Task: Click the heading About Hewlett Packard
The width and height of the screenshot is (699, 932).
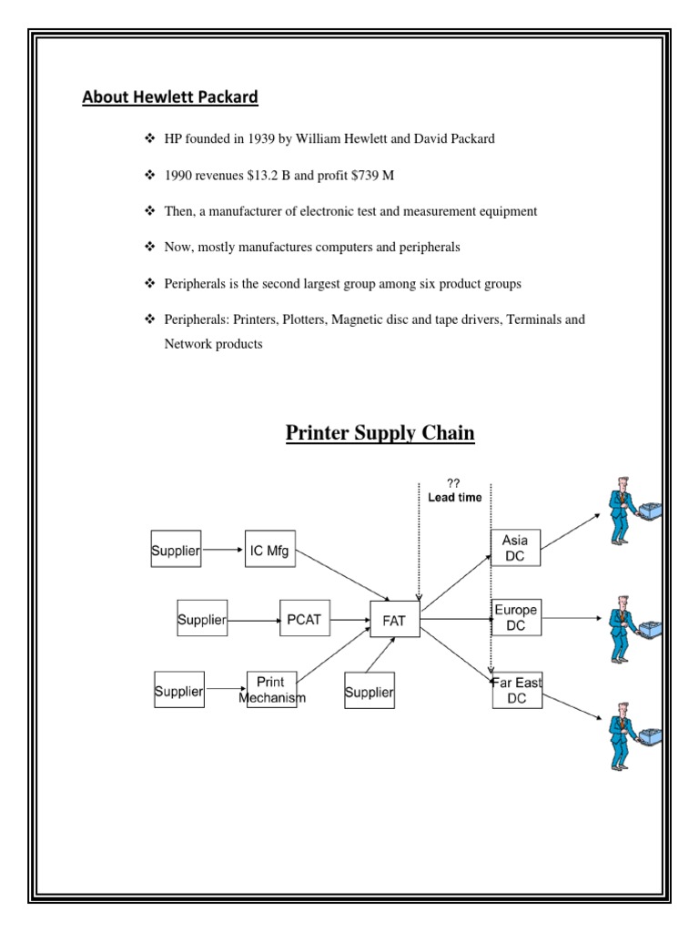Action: pos(170,97)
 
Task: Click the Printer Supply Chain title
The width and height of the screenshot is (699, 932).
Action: pos(380,433)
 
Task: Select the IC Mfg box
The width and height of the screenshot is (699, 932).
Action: pos(270,550)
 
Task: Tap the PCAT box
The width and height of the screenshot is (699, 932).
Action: pos(303,621)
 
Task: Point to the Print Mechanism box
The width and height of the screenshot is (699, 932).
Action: pos(271,690)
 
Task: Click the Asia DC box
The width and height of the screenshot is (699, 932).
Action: pos(515,547)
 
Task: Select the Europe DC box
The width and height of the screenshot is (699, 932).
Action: pos(516,616)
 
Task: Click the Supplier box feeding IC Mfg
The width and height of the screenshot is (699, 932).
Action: pos(175,551)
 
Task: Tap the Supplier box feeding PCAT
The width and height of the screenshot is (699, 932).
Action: pos(201,621)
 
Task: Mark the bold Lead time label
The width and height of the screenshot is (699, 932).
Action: pos(454,498)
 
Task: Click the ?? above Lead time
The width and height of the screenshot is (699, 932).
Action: pos(453,483)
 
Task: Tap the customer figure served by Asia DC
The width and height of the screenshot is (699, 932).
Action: pos(627,515)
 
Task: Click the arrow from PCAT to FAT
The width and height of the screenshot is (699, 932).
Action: pos(349,621)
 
